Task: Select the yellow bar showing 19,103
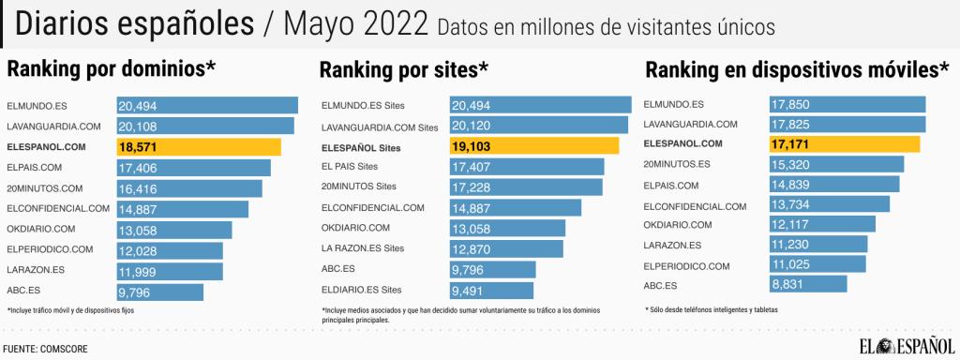pyautogui.click(x=534, y=146)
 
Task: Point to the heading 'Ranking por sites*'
pyautogui.click(x=404, y=70)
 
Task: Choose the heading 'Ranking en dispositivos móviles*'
pyautogui.click(x=798, y=70)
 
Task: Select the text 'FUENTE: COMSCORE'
pyautogui.click(x=46, y=348)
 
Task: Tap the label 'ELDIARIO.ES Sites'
pyautogui.click(x=361, y=290)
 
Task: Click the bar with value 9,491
pyautogui.click(x=491, y=290)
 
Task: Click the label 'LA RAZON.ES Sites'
pyautogui.click(x=363, y=248)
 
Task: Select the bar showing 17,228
pyautogui.click(x=526, y=187)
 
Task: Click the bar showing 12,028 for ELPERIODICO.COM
pyautogui.click(x=170, y=250)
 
